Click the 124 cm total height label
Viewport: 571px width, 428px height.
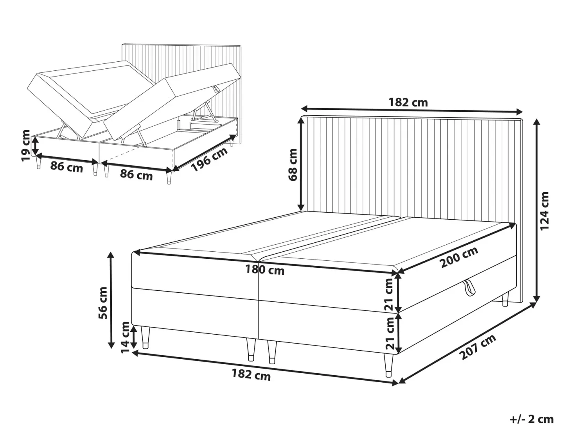(x=544, y=211)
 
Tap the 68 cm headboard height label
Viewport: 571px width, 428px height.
(x=293, y=165)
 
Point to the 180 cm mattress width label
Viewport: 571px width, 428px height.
(x=265, y=270)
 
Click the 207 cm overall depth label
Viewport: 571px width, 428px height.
(x=478, y=347)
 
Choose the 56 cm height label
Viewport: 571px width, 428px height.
(x=103, y=303)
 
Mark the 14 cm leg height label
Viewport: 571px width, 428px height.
(x=125, y=337)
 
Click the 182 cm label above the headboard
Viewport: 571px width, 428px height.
(x=408, y=103)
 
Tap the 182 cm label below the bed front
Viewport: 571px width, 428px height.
(x=251, y=375)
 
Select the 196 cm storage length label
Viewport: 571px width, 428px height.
(x=210, y=159)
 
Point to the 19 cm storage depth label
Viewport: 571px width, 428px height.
(x=26, y=145)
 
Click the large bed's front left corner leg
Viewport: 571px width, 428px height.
(x=145, y=337)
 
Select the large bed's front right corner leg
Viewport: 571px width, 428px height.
(x=389, y=365)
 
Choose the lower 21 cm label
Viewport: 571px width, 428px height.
(x=390, y=333)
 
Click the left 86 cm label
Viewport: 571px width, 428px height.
(x=66, y=167)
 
